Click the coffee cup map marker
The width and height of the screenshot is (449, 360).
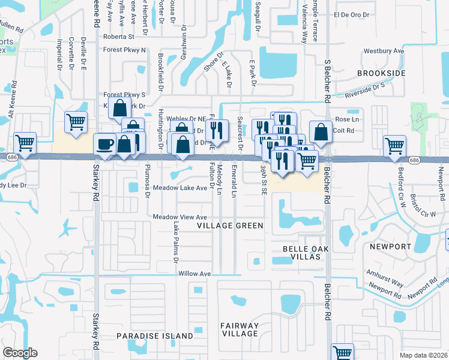pyautogui.click(x=105, y=145)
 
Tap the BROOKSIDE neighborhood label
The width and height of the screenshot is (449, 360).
pyautogui.click(x=381, y=73)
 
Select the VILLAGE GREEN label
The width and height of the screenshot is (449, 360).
pyautogui.click(x=231, y=226)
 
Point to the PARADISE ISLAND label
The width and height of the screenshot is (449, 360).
pyautogui.click(x=155, y=336)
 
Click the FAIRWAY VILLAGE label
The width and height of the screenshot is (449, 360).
pyautogui.click(x=239, y=330)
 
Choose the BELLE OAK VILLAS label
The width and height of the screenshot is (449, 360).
pyautogui.click(x=300, y=253)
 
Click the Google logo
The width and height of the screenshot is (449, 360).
pyautogui.click(x=20, y=353)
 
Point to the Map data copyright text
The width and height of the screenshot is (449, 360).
pyautogui.click(x=424, y=355)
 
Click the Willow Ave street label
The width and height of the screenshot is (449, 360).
pyautogui.click(x=194, y=274)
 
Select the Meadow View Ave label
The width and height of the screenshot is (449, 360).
pyautogui.click(x=179, y=217)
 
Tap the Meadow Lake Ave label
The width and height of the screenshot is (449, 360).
pyautogui.click(x=179, y=188)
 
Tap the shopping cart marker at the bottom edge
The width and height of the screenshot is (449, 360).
pyautogui.click(x=342, y=352)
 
